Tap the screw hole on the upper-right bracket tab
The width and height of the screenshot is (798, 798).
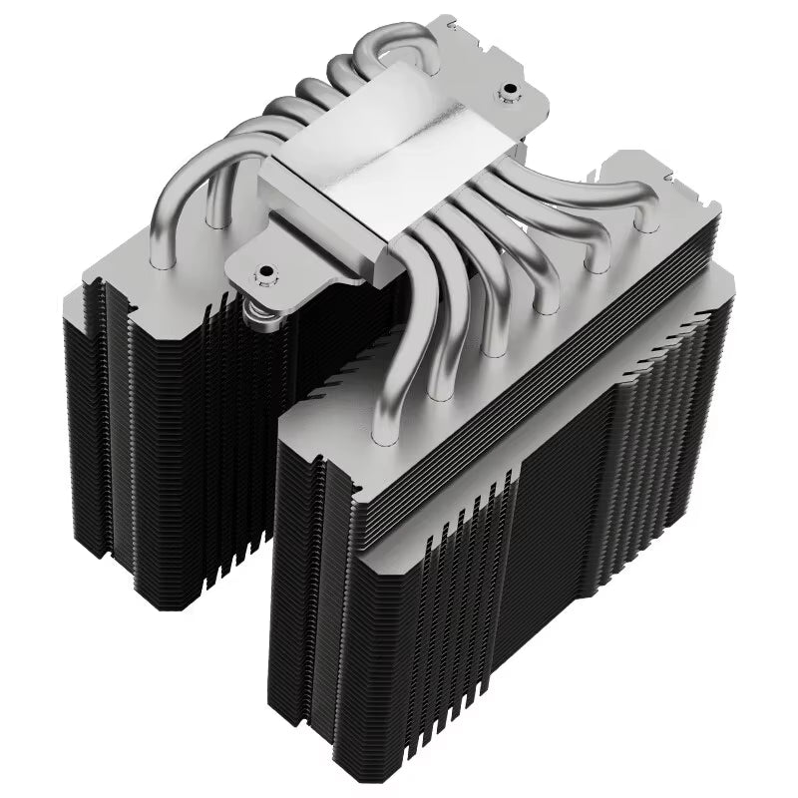tap(510, 97)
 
